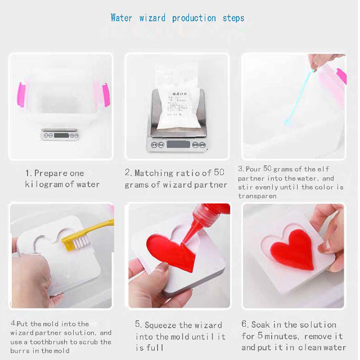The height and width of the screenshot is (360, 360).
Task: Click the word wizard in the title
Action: pyautogui.click(x=152, y=18)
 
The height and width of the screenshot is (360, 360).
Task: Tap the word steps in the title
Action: pyautogui.click(x=233, y=19)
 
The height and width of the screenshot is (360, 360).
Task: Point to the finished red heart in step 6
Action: pyautogui.click(x=292, y=250)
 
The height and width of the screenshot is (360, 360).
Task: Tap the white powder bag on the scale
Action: pyautogui.click(x=177, y=96)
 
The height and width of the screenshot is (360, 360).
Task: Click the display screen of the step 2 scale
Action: pyautogui.click(x=178, y=145)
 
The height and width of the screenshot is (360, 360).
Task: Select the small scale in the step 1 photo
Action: pyautogui.click(x=60, y=134)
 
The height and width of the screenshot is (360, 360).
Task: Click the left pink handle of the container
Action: pyautogui.click(x=21, y=94)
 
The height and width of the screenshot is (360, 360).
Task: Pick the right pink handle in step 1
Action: pyautogui.click(x=106, y=94)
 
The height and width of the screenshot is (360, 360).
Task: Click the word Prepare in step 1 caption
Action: pyautogui.click(x=59, y=173)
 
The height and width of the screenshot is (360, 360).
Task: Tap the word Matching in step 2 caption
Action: pyautogui.click(x=154, y=173)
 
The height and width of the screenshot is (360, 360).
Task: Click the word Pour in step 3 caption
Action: pyautogui.click(x=253, y=169)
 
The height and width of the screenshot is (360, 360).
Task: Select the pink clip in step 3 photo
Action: pyautogui.click(x=341, y=76)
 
